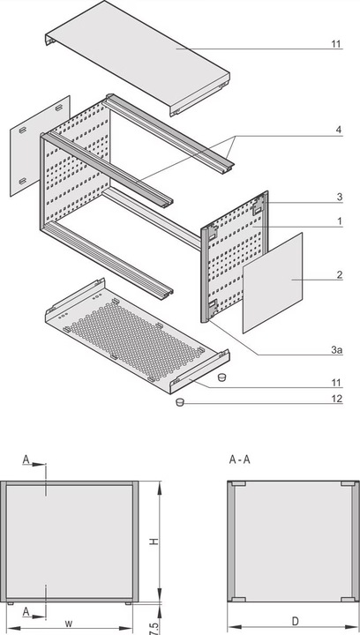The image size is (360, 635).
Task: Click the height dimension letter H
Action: point(152,542)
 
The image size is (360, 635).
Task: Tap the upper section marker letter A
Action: point(26,459)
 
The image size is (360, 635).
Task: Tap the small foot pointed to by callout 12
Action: point(179,402)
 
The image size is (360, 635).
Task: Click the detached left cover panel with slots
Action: point(39,145)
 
